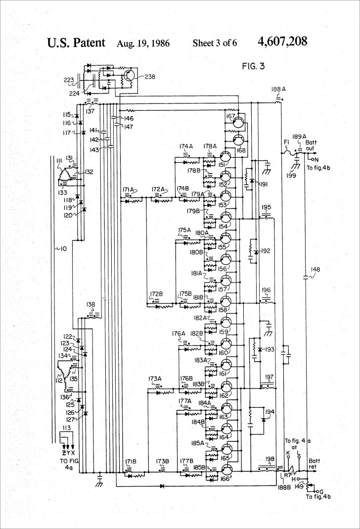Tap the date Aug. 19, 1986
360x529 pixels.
coord(143,43)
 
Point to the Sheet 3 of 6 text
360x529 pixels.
coord(215,43)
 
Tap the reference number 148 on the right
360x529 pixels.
coord(315,270)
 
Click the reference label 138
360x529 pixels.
coord(90,304)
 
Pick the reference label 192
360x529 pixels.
coord(266,251)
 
